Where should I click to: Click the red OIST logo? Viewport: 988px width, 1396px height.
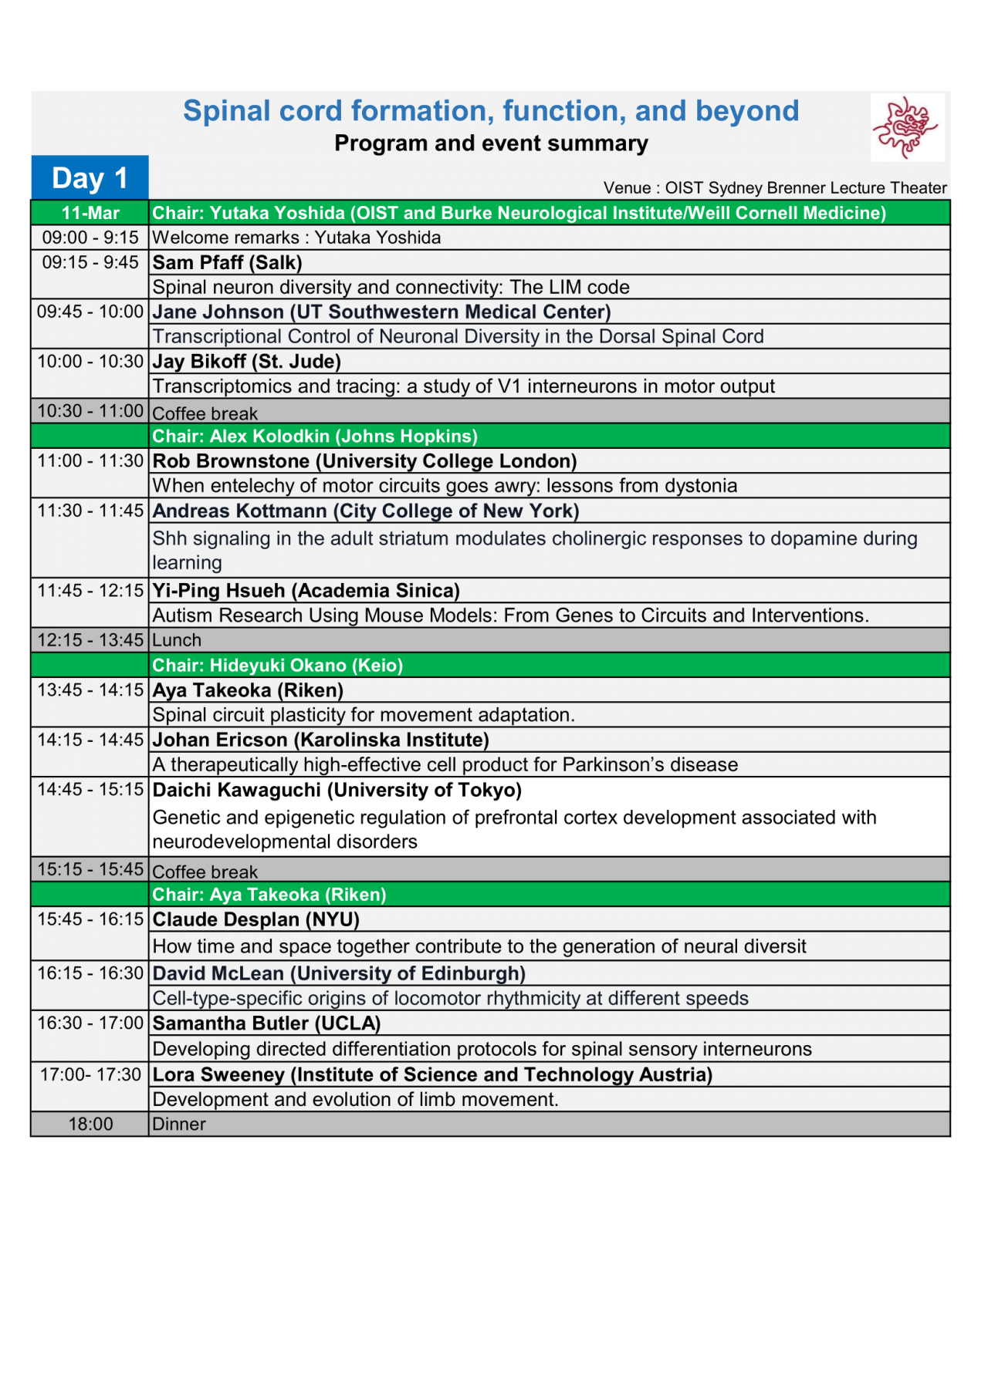click(906, 127)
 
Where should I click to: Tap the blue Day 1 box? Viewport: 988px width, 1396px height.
click(90, 178)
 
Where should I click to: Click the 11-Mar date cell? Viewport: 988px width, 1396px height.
click(90, 213)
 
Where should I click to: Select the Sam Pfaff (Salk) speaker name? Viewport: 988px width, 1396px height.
click(227, 262)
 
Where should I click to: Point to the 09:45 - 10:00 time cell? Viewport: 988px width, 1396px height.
click(90, 312)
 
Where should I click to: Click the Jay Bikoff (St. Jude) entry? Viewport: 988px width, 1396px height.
click(246, 362)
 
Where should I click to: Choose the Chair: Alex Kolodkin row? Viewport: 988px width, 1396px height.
click(315, 437)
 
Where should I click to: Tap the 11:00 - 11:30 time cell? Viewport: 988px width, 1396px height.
click(90, 461)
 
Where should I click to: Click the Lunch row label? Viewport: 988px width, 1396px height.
click(177, 640)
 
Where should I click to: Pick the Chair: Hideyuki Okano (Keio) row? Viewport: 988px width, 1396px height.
click(277, 666)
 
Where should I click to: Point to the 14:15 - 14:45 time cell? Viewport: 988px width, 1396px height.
click(90, 740)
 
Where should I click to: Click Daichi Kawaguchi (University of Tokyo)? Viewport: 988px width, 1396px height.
click(337, 791)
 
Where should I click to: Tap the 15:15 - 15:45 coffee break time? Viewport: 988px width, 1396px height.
click(90, 869)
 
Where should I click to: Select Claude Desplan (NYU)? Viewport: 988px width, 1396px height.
click(256, 920)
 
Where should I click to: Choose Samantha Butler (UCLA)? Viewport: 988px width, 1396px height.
click(266, 1023)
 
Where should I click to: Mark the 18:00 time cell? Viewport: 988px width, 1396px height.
click(90, 1125)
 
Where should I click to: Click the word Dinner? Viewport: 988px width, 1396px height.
click(179, 1125)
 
